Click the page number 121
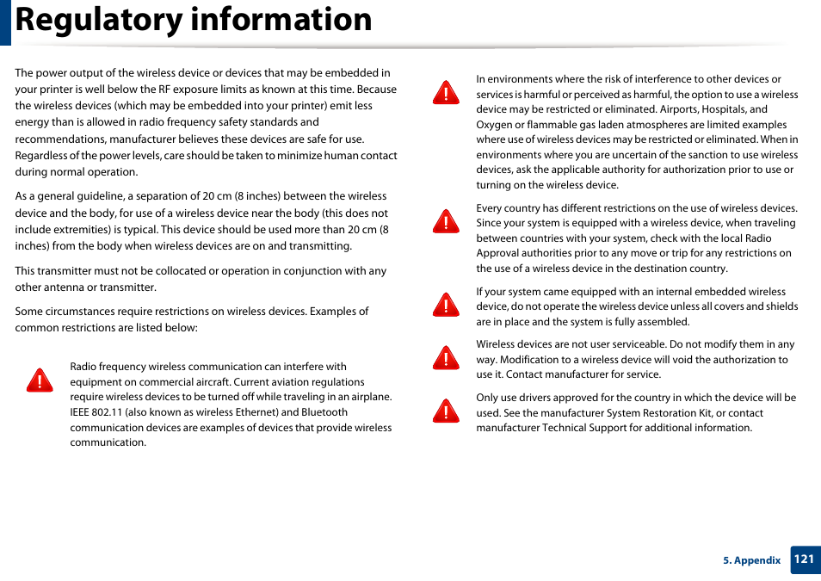804,559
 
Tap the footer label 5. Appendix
751,560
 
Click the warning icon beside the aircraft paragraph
39,380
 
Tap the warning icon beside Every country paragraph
446,222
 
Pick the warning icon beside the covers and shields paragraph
446,305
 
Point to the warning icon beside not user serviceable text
446,357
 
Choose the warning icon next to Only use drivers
446,411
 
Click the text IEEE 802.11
97,412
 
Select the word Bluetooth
324,412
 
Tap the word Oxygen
495,125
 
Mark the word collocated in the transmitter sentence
155,271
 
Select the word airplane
368,397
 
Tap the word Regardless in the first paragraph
40,156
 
